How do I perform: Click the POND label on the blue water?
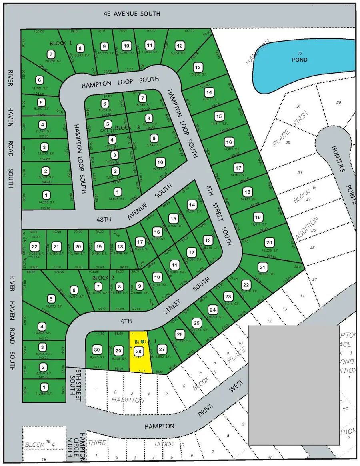point(300,60)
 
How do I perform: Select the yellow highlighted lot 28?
point(140,352)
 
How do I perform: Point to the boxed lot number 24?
point(213,310)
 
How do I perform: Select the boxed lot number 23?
point(228,296)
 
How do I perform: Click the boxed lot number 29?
point(118,351)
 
